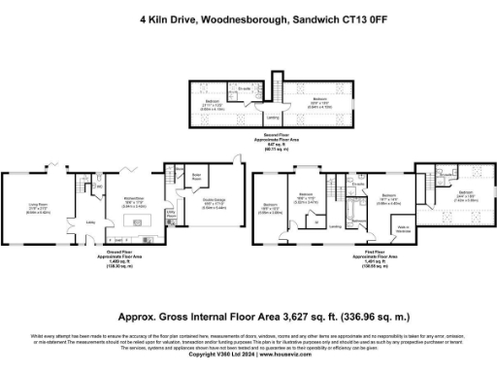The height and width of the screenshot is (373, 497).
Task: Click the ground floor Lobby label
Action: click(90, 221)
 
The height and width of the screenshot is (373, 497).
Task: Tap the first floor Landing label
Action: click(334, 226)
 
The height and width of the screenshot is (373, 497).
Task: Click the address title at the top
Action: click(248, 17)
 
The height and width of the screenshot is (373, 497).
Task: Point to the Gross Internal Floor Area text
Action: click(248, 316)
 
